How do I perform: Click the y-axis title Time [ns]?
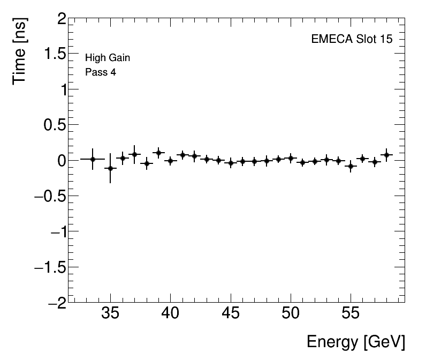[21, 52]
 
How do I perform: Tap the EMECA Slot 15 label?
[348, 40]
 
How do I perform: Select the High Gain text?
[108, 58]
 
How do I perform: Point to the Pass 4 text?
[100, 72]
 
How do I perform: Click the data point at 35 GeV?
[110, 168]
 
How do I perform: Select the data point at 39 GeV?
[158, 153]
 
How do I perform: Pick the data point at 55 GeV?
[351, 166]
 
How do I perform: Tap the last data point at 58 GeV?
[386, 155]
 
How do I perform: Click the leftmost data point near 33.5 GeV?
[93, 159]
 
